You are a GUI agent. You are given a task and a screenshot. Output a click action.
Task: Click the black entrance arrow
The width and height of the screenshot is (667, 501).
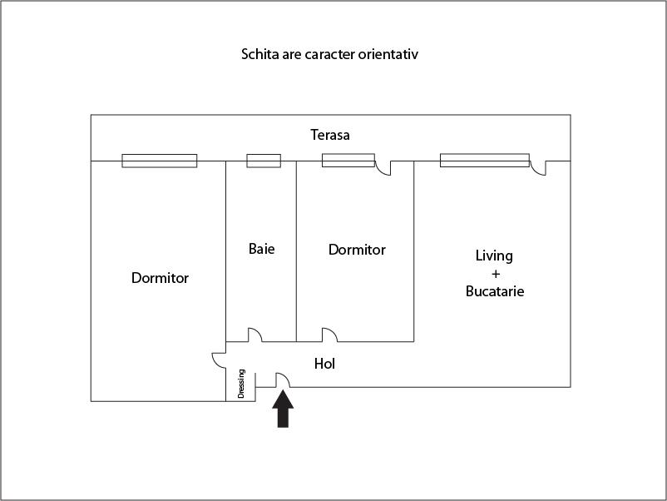click(x=283, y=409)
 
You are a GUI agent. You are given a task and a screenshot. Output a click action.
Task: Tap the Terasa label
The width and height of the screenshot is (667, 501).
click(x=330, y=135)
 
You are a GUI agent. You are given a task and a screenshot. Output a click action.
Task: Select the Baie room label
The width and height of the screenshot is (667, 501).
click(x=262, y=249)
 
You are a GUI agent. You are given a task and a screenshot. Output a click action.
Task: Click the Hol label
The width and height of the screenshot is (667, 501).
click(x=324, y=364)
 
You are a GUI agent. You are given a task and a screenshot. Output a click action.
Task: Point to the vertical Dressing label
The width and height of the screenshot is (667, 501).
click(x=241, y=384)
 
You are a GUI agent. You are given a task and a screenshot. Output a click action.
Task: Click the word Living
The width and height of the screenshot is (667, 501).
click(x=494, y=255)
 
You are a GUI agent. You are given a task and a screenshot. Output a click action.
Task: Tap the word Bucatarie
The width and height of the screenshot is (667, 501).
click(x=495, y=291)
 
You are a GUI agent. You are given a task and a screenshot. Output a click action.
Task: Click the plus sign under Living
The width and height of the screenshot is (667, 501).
click(x=496, y=274)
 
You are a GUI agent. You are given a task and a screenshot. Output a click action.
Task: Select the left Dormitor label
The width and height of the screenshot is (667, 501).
click(x=160, y=278)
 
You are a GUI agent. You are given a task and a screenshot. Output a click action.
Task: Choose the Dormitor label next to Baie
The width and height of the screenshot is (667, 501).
click(x=358, y=250)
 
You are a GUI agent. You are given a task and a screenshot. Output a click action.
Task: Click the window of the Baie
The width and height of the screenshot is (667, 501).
click(x=264, y=161)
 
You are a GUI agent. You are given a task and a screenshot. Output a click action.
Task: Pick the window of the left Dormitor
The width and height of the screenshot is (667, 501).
click(x=160, y=161)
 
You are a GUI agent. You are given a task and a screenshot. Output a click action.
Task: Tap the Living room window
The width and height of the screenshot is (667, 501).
click(x=485, y=161)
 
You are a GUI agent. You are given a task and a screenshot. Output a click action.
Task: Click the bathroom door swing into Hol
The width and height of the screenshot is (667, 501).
click(x=255, y=335)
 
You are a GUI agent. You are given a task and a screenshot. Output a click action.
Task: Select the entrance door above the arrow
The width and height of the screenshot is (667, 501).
click(x=284, y=380)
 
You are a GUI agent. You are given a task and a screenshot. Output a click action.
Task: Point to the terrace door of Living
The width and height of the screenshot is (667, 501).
click(x=539, y=168)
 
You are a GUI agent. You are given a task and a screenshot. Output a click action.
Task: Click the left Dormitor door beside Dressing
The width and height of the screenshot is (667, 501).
click(x=219, y=360)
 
